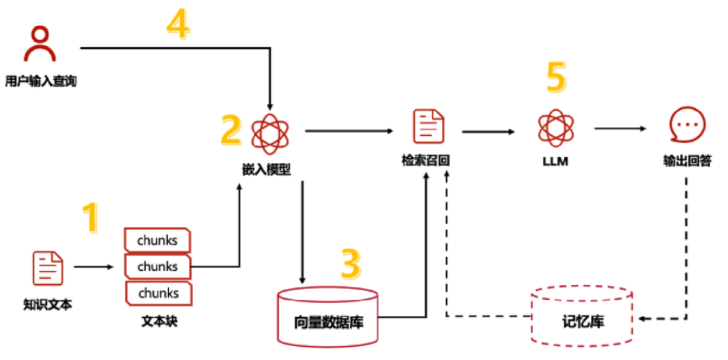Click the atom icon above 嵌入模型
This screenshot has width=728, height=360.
tap(269, 132)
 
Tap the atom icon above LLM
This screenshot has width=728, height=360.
tap(555, 127)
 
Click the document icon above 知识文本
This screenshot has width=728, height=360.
tap(48, 268)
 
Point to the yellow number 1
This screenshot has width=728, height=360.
tap(90, 217)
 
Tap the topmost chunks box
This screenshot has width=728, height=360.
tap(158, 240)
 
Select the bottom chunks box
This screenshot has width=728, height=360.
tap(158, 293)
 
